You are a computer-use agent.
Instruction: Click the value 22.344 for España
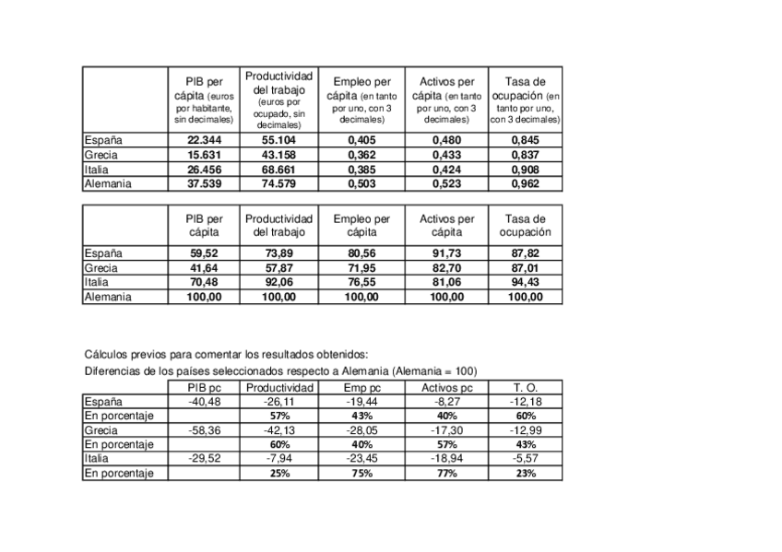[205, 140]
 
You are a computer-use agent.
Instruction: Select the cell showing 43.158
[278, 155]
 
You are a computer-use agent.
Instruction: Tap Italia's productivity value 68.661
[278, 170]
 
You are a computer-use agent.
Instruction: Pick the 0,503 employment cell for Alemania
[361, 183]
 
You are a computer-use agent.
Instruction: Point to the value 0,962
[526, 183]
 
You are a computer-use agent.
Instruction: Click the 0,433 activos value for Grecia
[447, 155]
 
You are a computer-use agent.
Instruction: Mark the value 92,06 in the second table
[278, 283]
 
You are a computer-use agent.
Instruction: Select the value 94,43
[526, 283]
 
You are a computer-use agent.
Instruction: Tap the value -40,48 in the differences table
[205, 403]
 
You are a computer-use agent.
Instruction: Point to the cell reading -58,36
[205, 430]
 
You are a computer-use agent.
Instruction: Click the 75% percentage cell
[361, 474]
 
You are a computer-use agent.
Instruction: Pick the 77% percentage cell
[447, 474]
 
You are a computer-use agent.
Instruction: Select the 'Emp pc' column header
[361, 388]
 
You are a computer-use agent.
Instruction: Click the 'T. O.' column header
[526, 388]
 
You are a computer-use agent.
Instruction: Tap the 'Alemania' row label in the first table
[108, 183]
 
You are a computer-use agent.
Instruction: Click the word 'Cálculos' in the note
[107, 354]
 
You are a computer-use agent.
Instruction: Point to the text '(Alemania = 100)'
[433, 370]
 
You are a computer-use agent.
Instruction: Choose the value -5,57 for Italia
[526, 459]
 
